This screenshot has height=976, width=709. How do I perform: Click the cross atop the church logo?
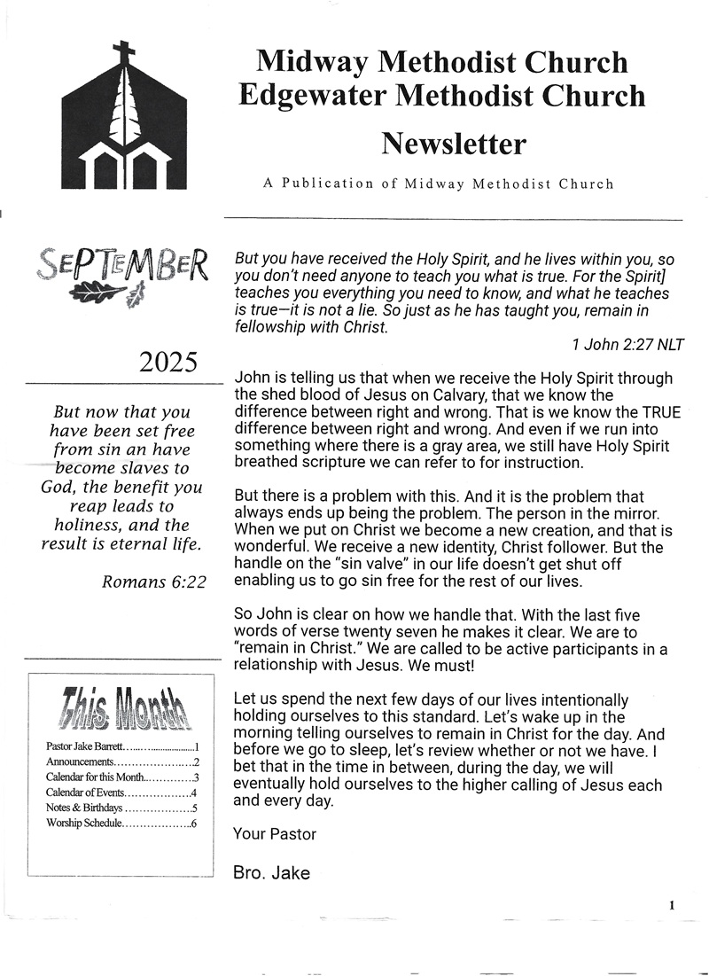tap(124, 51)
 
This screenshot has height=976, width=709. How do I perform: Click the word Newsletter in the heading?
tap(454, 143)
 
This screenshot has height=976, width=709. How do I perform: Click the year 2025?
tap(168, 362)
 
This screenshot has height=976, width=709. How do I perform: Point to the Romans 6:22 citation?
tap(152, 582)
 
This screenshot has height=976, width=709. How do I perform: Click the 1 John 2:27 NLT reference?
tap(627, 345)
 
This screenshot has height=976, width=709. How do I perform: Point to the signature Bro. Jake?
tap(271, 873)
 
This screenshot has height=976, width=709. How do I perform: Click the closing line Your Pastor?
tap(274, 833)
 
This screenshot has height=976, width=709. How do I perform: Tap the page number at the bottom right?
tap(672, 905)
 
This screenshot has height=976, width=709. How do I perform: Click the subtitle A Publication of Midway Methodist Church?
tap(438, 184)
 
